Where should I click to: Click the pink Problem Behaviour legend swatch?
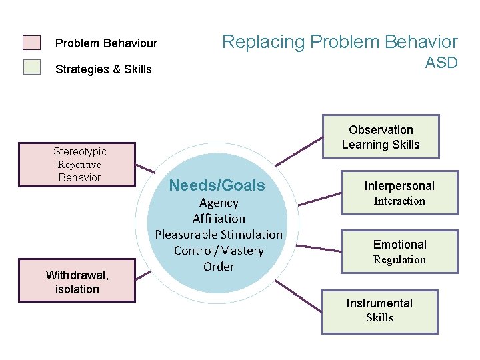coord(31,43)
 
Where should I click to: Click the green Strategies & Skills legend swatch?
coord(31,67)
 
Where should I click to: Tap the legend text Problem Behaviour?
coord(106,43)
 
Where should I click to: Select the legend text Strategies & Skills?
coord(103,69)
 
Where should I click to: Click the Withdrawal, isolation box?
coord(77,282)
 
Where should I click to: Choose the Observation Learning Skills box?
coord(381,137)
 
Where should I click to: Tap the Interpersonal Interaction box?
coord(399,193)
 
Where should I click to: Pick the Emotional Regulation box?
coord(399,252)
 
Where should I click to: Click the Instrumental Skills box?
coord(379,311)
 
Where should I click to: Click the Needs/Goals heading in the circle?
coord(217,185)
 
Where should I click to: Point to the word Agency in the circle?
coord(219,203)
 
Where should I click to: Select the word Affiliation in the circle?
coord(219,219)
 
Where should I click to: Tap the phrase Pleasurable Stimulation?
coord(219,235)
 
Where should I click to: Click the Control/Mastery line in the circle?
coord(219,251)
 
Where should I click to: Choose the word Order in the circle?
coord(219,267)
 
